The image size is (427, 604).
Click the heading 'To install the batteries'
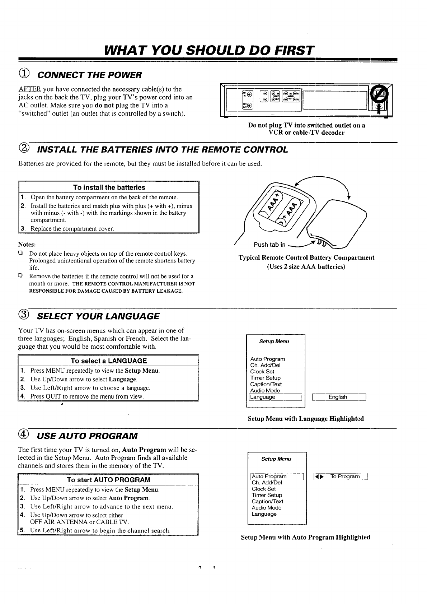pos(109,187)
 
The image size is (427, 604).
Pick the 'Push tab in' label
pos(269,245)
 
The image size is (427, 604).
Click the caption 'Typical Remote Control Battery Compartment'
pos(306,257)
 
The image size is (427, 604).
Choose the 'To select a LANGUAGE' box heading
pos(109,361)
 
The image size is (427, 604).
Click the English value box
pos(338,397)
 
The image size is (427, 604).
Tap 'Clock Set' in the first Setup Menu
pos(262,372)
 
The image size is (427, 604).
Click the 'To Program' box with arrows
pos(341,477)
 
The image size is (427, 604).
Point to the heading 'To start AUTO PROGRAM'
pos(108,480)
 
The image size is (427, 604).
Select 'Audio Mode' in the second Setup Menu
pos(267,508)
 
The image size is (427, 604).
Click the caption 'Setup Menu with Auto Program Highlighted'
pos(306,538)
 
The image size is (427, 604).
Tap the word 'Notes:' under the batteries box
pos(27,244)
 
